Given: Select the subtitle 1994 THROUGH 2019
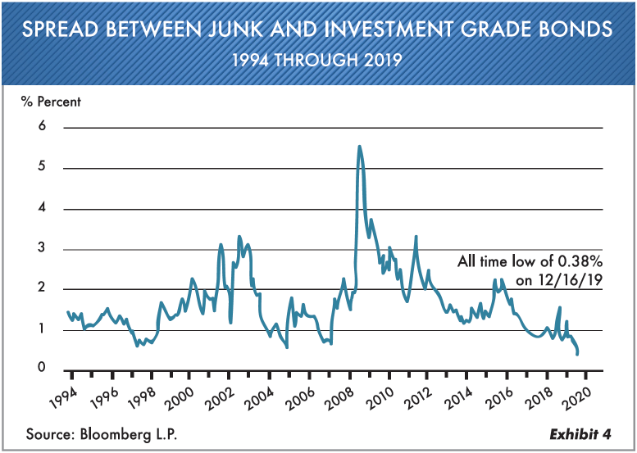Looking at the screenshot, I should pyautogui.click(x=317, y=60).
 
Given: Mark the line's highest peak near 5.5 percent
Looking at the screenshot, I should pyautogui.click(x=359, y=147).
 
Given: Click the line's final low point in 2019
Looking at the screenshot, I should pyautogui.click(x=578, y=354).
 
